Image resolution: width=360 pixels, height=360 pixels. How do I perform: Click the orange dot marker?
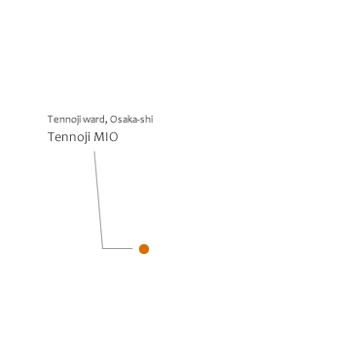tap(144, 249)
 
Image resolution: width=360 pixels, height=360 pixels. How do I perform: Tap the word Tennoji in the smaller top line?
tap(64, 120)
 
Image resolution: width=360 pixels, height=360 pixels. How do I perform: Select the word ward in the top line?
tap(93, 120)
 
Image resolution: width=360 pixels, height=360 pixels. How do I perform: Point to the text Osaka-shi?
tap(131, 120)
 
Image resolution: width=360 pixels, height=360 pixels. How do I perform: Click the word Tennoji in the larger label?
tap(69, 137)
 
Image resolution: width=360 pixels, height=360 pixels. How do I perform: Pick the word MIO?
tap(106, 137)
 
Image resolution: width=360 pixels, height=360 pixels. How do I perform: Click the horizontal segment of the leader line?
tap(118, 249)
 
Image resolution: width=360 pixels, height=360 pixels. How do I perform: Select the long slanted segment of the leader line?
tap(98, 199)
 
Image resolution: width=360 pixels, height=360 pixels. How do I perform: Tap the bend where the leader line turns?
tap(103, 249)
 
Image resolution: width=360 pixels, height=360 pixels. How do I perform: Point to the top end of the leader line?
tap(94, 151)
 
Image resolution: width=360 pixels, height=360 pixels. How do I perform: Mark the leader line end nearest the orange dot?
tap(132, 249)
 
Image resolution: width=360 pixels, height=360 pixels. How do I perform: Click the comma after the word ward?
tap(106, 123)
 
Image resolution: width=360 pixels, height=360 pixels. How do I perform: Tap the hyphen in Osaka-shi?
tap(140, 121)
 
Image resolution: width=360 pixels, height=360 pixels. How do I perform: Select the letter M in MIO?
tap(98, 137)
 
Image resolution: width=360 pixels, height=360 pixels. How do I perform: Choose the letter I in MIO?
tap(106, 137)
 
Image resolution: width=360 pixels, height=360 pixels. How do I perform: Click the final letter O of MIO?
tap(114, 137)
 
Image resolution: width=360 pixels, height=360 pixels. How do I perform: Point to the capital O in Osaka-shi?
tap(114, 120)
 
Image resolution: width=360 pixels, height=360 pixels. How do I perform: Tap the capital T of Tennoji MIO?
tap(52, 137)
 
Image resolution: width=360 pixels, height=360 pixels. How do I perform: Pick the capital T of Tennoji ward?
tap(51, 120)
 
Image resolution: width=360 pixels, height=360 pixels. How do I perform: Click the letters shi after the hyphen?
tap(147, 120)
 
